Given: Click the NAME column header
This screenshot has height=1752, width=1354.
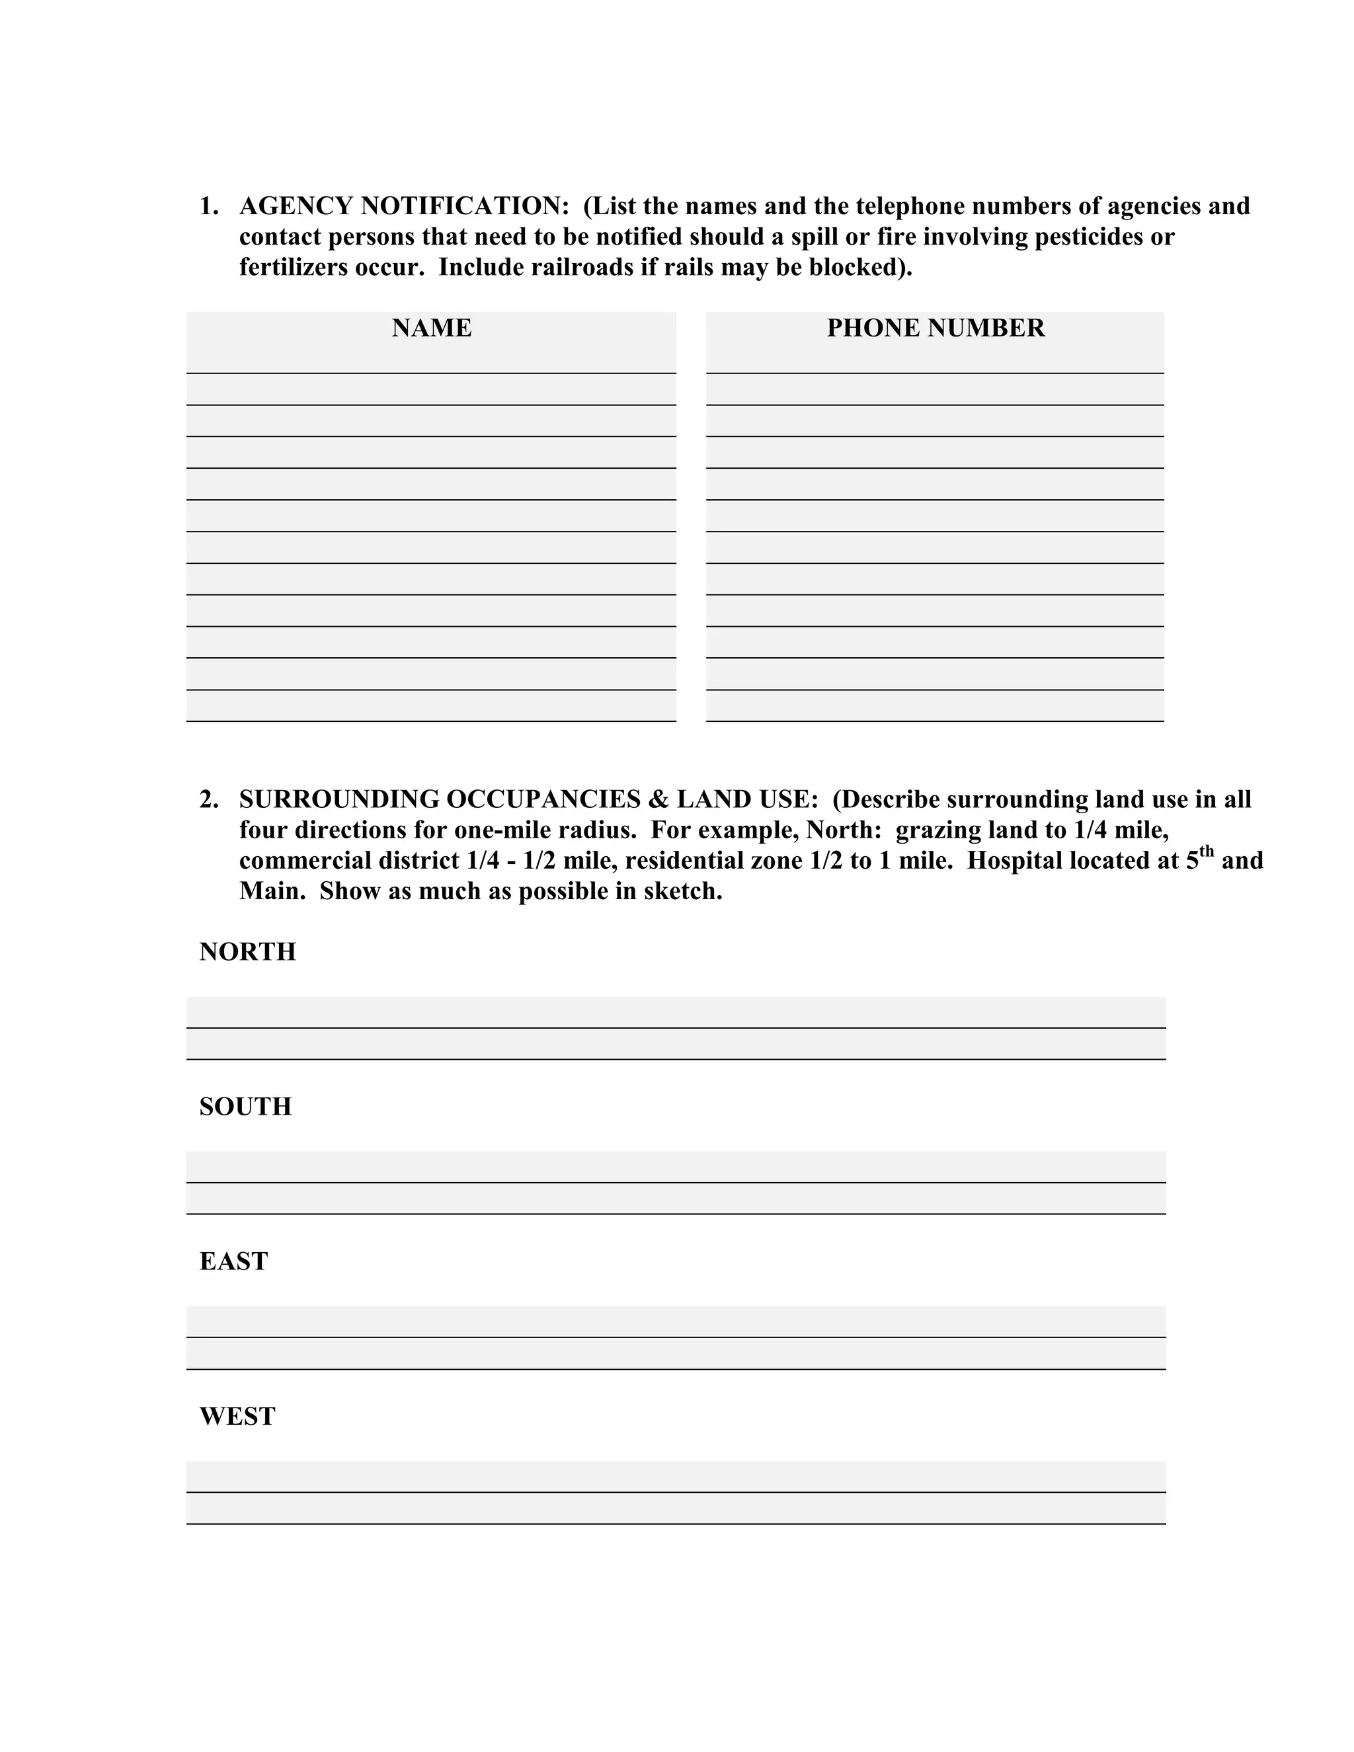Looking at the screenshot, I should tap(432, 328).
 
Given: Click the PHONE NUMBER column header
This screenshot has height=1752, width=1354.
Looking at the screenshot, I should tap(936, 328).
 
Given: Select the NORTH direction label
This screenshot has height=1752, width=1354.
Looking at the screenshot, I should tap(247, 951).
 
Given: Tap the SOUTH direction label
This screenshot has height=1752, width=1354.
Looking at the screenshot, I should tap(245, 1106).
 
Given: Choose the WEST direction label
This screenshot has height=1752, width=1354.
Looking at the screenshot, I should tap(237, 1416).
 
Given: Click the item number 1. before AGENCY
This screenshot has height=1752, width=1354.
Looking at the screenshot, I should tap(208, 206).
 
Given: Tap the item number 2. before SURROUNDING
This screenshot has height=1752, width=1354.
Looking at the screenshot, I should tap(208, 799).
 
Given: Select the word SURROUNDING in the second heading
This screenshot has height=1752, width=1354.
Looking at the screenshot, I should tap(338, 799).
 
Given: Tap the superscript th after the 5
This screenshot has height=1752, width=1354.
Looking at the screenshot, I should tap(1207, 853).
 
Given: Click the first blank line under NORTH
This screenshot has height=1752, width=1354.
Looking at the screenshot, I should tap(676, 1012).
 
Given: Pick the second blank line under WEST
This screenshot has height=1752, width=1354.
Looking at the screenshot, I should tap(676, 1508).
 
